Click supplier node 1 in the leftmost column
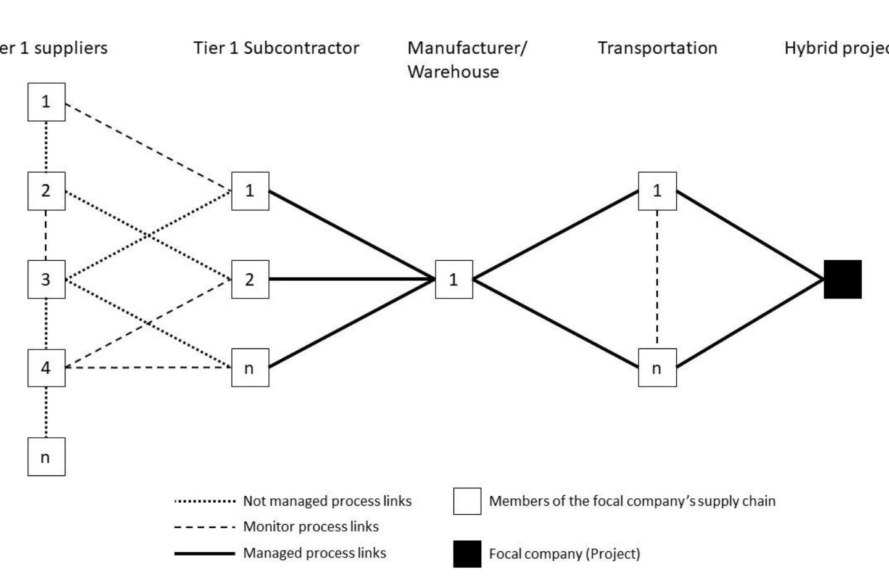tap(46, 102)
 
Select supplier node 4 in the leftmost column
tap(46, 368)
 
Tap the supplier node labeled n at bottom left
tap(46, 457)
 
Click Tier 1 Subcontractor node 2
tap(250, 279)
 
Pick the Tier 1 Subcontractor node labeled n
tap(250, 368)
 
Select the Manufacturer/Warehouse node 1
tap(453, 279)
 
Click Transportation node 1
tap(657, 191)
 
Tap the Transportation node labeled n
tap(657, 368)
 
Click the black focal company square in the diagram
tap(843, 279)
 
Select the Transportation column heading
tap(657, 48)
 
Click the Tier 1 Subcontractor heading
tap(276, 48)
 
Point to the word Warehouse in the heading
tap(453, 72)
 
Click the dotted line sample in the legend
tap(205, 501)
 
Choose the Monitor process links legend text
tap(310, 527)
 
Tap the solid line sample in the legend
tap(205, 553)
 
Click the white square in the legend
tap(467, 501)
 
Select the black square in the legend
tap(467, 554)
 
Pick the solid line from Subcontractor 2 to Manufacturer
tap(352, 279)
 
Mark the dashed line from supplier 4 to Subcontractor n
tap(148, 368)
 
